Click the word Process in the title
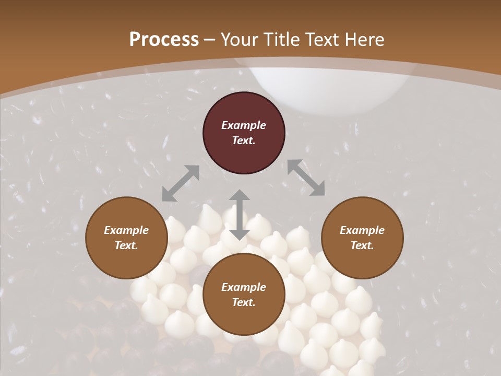tap(164, 40)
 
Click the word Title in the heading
tap(281, 40)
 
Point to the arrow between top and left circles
tap(181, 183)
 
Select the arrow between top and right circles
tap(306, 178)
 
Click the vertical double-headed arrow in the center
tap(239, 215)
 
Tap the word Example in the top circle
tap(244, 125)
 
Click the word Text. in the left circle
tap(126, 245)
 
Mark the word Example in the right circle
tap(362, 230)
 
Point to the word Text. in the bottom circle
tap(244, 302)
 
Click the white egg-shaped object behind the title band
tap(326, 91)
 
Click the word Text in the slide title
tap(323, 40)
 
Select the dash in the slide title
tap(210, 40)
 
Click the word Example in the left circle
tap(126, 230)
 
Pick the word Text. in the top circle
tap(244, 140)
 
